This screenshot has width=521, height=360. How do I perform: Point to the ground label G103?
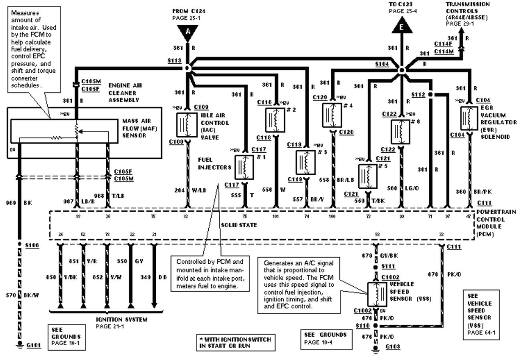coord(391,346)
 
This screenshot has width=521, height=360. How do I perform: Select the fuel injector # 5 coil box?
coord(367,176)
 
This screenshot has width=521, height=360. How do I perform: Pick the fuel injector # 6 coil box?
coord(400,131)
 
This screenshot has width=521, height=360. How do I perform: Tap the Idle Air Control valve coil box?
coord(187,125)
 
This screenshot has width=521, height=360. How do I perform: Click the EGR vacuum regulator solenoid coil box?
coord(468,118)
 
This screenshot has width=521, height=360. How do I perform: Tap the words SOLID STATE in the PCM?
coord(239,225)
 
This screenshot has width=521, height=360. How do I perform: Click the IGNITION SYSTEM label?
coord(121,320)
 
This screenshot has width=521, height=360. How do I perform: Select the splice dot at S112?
coord(430,95)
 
